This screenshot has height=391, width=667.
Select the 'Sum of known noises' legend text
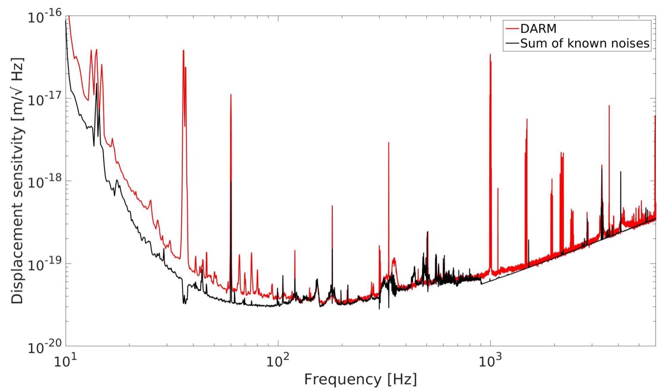(585, 44)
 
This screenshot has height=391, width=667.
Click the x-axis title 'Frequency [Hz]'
(360, 380)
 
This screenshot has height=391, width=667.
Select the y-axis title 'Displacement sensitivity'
(18, 181)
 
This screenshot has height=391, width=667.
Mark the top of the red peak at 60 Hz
(231, 95)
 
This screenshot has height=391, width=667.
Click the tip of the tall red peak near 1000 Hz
(490, 55)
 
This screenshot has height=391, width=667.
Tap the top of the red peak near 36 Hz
(183, 51)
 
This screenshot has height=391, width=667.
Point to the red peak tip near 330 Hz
(389, 143)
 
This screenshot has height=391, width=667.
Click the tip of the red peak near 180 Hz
(332, 206)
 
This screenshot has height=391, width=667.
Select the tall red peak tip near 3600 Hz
(609, 105)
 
